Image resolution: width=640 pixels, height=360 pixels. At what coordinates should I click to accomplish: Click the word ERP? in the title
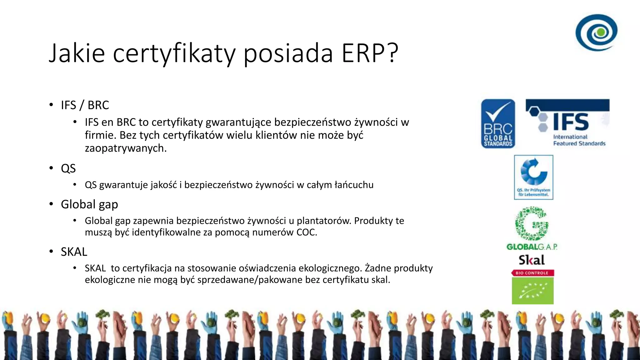[370, 53]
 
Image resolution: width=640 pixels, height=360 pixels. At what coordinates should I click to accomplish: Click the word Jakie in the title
[77, 53]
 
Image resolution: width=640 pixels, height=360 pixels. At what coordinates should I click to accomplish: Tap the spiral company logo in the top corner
[596, 32]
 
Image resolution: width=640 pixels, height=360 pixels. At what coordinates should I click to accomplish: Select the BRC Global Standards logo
[498, 124]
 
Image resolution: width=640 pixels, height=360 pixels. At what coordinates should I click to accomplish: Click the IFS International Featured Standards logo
[567, 122]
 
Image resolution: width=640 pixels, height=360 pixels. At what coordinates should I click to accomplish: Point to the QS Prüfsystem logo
[533, 177]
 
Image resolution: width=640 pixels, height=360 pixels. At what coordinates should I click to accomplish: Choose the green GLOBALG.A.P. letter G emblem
[532, 224]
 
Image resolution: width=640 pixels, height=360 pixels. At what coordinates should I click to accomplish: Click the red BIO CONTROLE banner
[532, 273]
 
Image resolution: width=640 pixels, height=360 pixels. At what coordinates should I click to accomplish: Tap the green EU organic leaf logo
[532, 291]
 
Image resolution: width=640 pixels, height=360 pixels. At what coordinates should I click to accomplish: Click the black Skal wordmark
[532, 260]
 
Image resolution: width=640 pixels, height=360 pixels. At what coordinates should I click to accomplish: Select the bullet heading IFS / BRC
[85, 105]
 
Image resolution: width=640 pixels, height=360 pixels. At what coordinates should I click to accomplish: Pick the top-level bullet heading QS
[68, 168]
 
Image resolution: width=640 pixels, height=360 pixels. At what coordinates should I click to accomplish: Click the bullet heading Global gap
[89, 204]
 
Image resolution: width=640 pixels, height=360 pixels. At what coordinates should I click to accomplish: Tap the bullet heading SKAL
[74, 252]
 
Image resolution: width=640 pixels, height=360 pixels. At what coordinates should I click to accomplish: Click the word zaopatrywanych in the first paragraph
[126, 148]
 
